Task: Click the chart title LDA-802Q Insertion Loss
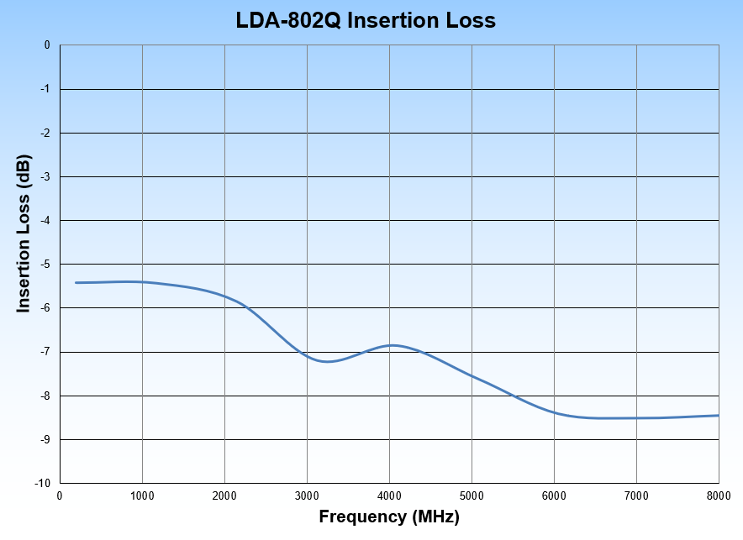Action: tap(366, 20)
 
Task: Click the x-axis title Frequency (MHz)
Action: tap(389, 517)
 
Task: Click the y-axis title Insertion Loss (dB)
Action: tap(24, 234)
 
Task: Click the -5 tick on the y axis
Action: tap(46, 265)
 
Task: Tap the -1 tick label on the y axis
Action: tap(46, 89)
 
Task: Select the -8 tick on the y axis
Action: tap(46, 396)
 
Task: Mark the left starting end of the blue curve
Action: tap(76, 282)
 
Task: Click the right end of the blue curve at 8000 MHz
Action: tap(718, 415)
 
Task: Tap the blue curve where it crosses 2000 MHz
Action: tap(224, 296)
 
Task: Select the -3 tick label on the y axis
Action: tap(46, 176)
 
